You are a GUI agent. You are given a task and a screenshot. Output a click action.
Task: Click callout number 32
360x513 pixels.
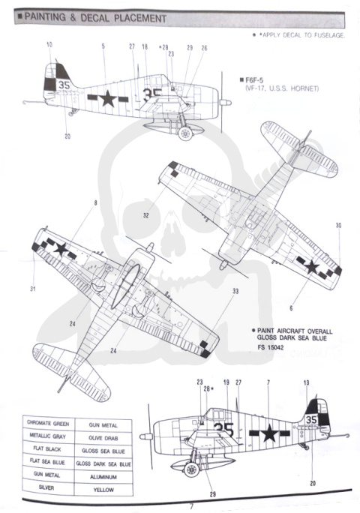[x=146, y=214]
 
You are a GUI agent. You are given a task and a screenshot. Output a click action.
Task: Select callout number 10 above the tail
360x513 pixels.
[x=49, y=45]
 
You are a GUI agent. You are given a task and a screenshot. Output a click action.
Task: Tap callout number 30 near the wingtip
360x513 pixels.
[x=338, y=225]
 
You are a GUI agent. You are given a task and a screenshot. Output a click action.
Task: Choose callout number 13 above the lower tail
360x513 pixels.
[x=306, y=383]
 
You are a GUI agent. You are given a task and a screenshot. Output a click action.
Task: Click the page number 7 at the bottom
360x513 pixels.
[x=190, y=505]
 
